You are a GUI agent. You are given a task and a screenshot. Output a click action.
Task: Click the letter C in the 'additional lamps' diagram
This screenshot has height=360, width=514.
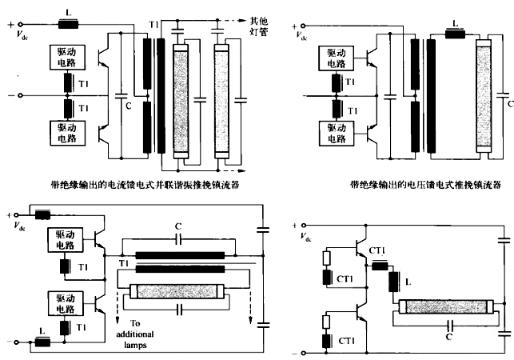[177, 226]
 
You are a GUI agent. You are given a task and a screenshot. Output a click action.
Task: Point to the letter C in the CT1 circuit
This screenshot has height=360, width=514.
[449, 337]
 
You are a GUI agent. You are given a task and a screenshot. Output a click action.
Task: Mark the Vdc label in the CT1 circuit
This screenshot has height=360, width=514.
[303, 237]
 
